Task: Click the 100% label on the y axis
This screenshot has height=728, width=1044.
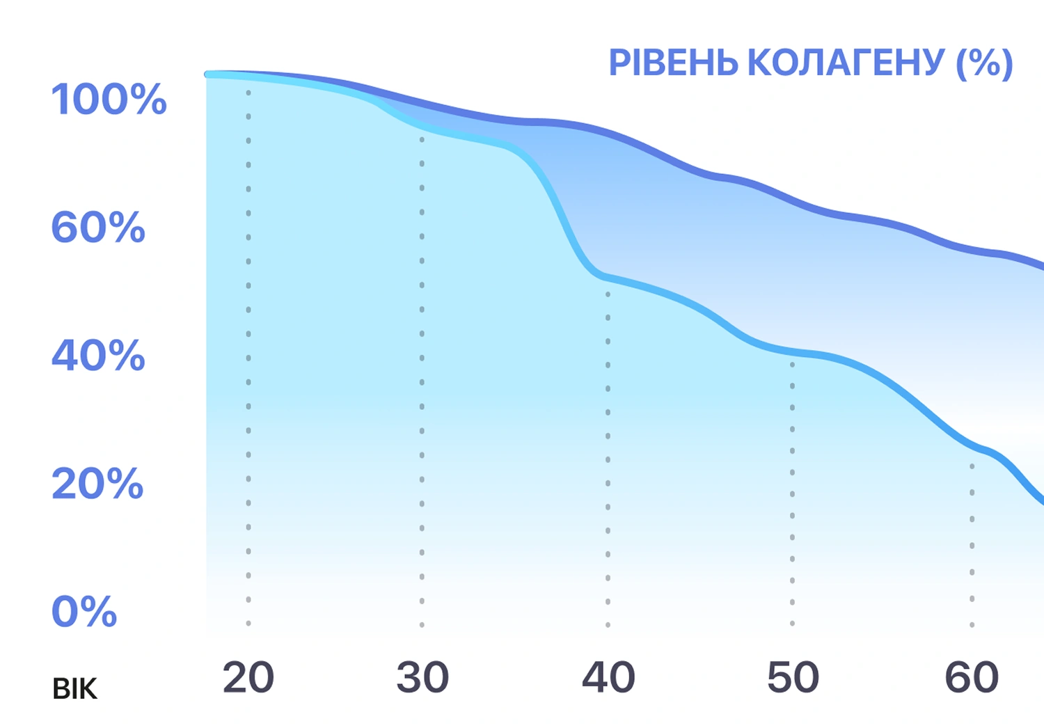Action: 109,99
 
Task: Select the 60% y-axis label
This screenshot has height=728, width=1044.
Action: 98,228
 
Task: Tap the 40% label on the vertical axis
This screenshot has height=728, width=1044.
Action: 98,356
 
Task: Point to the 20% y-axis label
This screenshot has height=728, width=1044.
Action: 97,484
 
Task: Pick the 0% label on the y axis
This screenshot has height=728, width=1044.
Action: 84,612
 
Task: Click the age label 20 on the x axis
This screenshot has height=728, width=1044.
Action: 248,677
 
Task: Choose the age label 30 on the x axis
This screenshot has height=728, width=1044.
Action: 422,677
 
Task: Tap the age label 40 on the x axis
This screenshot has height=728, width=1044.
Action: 608,677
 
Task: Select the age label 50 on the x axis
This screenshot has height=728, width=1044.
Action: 793,677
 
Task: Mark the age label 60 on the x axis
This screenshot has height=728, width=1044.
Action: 972,677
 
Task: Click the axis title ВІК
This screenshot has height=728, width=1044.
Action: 74,689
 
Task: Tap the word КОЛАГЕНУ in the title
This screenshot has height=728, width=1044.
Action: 846,63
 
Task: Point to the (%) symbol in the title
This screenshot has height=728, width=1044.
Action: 984,63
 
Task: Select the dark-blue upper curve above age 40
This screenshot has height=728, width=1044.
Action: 608,133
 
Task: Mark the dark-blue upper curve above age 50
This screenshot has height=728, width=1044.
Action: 793,201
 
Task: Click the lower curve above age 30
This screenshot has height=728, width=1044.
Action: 422,128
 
